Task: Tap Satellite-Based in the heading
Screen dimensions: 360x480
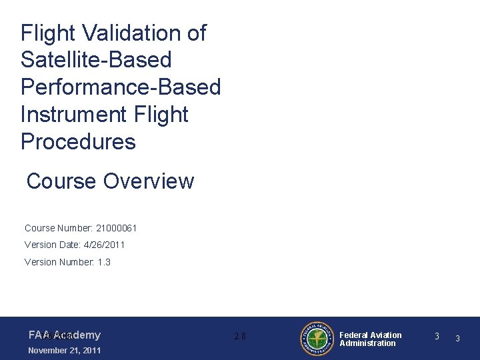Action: click(x=96, y=60)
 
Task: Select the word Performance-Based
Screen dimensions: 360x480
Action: click(x=121, y=87)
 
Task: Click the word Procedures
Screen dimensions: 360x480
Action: click(x=78, y=142)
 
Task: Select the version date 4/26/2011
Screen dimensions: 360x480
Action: click(x=104, y=245)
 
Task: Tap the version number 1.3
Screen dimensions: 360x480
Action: click(x=104, y=262)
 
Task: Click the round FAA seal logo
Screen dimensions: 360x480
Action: click(x=317, y=339)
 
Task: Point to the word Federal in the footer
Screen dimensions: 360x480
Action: click(x=355, y=335)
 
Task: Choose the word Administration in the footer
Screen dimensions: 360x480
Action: click(x=367, y=343)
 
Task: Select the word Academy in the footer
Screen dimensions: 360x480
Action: click(x=78, y=335)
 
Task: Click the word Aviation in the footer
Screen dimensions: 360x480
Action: click(x=387, y=335)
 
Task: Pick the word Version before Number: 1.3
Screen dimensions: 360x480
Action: click(x=41, y=262)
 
